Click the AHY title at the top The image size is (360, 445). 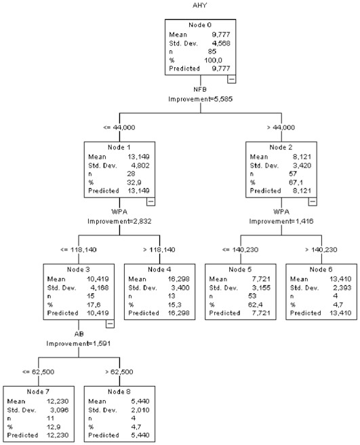coord(200,5)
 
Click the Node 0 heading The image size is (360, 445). coord(200,25)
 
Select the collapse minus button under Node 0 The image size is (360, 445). coord(231,79)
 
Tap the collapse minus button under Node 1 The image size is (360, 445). coord(151,201)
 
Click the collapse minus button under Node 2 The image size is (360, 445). coord(313,201)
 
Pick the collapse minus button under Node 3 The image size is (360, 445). coord(110,324)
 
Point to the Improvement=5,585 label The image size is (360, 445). coord(200,99)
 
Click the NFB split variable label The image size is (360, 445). coord(200,90)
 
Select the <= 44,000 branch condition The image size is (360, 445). coord(119,128)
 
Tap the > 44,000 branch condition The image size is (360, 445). coord(281,128)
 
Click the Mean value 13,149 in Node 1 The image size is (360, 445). coord(138,157)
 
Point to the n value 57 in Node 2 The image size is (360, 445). coord(293,174)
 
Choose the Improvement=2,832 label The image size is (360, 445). coord(119,221)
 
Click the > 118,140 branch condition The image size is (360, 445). coord(159,250)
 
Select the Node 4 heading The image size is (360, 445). coord(159,269)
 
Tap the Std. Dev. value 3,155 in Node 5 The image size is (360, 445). coord(261,288)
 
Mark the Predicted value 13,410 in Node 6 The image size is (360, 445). coord(340,313)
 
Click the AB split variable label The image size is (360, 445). coord(79,334)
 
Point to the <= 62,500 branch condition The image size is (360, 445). coord(38,372)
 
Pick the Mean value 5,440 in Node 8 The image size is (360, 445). coord(140,402)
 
